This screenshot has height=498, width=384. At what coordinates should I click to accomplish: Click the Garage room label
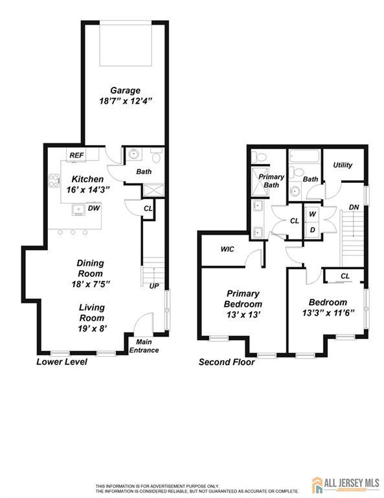(x=125, y=91)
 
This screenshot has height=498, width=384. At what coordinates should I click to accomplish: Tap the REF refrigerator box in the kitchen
(x=76, y=155)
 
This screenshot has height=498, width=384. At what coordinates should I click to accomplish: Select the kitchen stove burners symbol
(x=54, y=181)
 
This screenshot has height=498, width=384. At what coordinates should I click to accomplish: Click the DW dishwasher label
(x=94, y=208)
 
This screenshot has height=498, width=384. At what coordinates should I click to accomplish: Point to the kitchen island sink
(x=78, y=209)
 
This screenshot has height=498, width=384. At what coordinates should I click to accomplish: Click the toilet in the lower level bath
(x=157, y=156)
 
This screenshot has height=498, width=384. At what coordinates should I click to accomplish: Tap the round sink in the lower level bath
(x=134, y=154)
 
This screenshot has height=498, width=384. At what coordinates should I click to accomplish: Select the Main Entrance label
(x=144, y=346)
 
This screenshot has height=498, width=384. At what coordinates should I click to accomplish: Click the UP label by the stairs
(x=154, y=286)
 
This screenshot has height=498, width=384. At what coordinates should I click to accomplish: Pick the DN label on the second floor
(x=354, y=207)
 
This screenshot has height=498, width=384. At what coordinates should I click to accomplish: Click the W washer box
(x=313, y=214)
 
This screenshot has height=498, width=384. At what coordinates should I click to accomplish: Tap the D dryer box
(x=313, y=230)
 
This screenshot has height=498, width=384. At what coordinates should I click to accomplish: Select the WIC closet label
(x=227, y=249)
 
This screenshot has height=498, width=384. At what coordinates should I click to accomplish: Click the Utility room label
(x=343, y=165)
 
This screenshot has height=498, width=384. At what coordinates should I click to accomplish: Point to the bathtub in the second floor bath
(x=304, y=156)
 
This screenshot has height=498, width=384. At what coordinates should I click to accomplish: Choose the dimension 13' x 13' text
(x=243, y=314)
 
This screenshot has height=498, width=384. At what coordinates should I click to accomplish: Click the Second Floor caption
(x=227, y=362)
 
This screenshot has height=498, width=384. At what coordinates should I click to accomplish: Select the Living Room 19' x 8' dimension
(x=92, y=329)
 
